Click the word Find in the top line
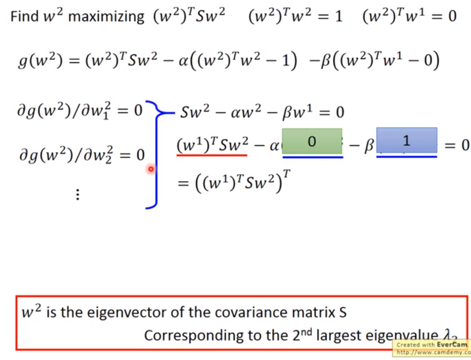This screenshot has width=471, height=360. pyautogui.click(x=24, y=16)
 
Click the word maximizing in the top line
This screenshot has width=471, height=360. pyautogui.click(x=106, y=16)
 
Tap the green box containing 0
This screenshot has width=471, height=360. pyautogui.click(x=312, y=141)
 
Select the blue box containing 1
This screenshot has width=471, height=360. pyautogui.click(x=406, y=140)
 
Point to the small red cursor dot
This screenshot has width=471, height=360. pyautogui.click(x=151, y=170)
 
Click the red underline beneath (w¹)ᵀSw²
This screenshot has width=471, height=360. pyautogui.click(x=212, y=155)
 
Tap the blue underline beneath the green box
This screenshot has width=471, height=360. pyautogui.click(x=313, y=157)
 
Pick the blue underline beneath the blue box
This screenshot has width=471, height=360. pyautogui.click(x=407, y=156)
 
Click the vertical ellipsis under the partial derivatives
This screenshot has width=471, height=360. pyautogui.click(x=77, y=195)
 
